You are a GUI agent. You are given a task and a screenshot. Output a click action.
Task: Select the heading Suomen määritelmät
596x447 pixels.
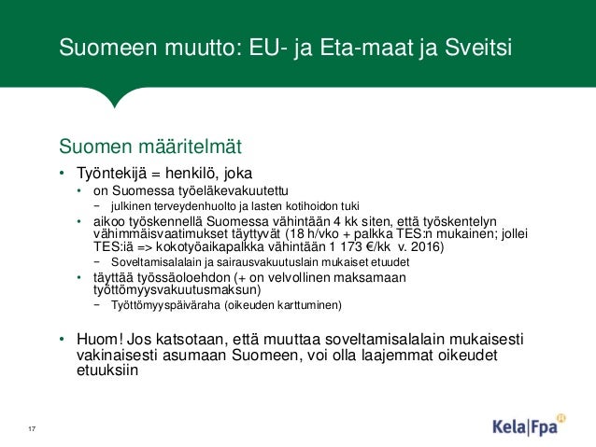150,147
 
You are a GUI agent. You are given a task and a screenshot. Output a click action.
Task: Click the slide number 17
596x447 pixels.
32,427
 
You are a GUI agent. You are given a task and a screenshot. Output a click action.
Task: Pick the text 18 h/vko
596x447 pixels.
320,234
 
